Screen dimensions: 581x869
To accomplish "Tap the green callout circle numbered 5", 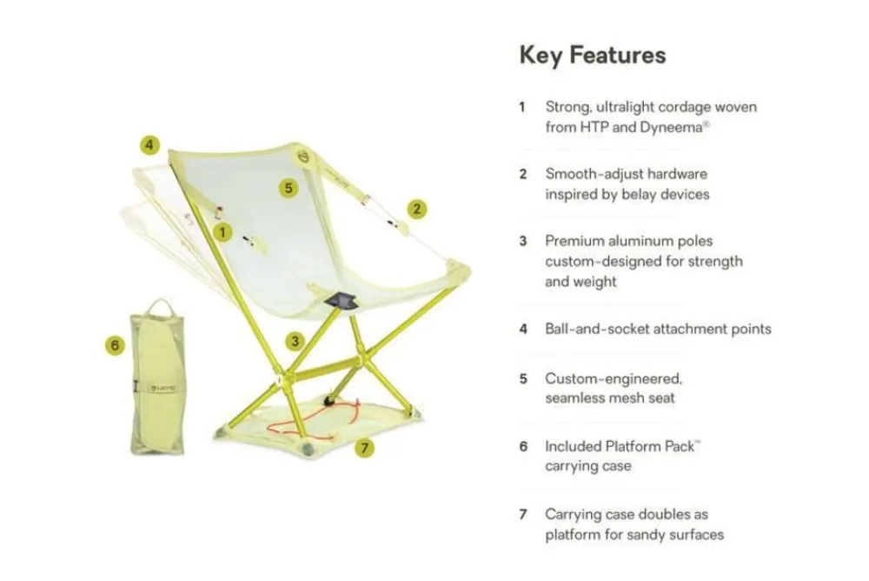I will tap(289, 187).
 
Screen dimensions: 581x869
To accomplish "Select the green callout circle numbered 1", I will tap(223, 231).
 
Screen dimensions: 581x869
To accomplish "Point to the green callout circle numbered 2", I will tap(417, 208).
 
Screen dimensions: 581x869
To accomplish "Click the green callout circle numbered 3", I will tap(295, 341).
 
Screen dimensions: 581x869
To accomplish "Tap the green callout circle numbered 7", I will tap(365, 449).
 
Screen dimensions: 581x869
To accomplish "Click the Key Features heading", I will tap(593, 56).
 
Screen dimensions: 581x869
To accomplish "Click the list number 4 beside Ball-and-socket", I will tap(523, 329).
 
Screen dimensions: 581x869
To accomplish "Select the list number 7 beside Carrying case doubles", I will tap(523, 514).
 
